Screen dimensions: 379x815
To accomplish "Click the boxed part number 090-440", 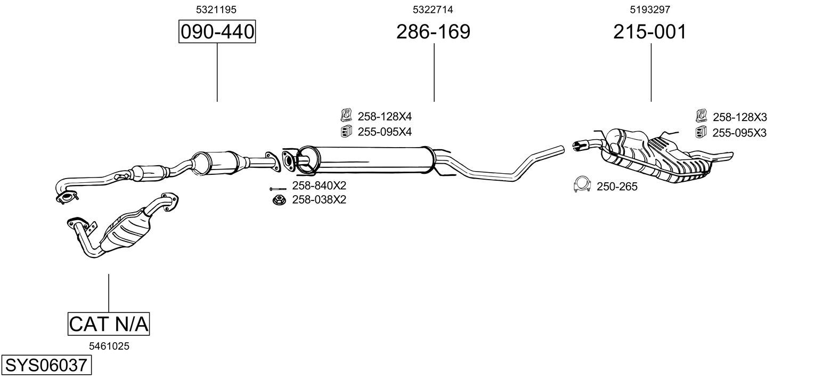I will coord(217,32).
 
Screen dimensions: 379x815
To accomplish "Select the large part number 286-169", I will coord(433,32).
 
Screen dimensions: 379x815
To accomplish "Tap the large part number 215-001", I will coord(650,32).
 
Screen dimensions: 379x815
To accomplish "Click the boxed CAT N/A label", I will coord(109,324).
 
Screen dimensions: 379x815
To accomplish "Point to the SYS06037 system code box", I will coord(46,366).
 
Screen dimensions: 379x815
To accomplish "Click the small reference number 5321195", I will coord(216,10).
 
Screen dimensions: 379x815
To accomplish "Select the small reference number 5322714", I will coord(433,10).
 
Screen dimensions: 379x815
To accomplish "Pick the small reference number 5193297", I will coord(650,10).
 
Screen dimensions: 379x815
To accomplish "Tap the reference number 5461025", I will coord(109,346).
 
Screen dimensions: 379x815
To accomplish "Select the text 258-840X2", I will coord(319,186).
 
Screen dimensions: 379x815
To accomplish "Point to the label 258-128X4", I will coord(385,116).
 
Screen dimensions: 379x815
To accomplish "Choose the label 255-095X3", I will coord(739,133).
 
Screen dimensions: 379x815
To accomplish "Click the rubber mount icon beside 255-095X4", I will coord(346,131).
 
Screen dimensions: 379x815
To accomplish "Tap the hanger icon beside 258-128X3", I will coord(701,116).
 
